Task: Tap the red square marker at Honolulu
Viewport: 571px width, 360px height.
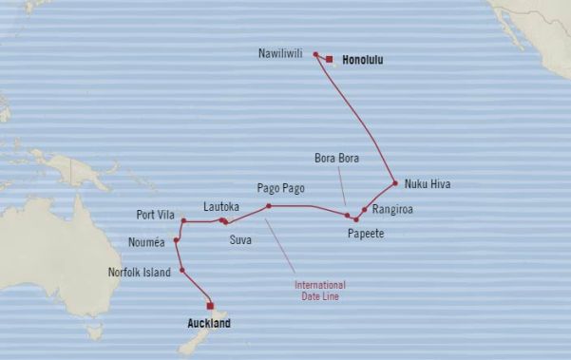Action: [329, 59]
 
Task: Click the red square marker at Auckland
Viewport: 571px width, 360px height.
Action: [211, 306]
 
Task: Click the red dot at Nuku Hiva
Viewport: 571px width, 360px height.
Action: [393, 182]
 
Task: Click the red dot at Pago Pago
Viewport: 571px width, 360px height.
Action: [269, 205]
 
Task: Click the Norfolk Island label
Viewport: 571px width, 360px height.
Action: [142, 273]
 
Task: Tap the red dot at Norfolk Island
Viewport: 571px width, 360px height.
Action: [181, 271]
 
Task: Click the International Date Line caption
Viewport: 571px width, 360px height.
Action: [319, 291]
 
